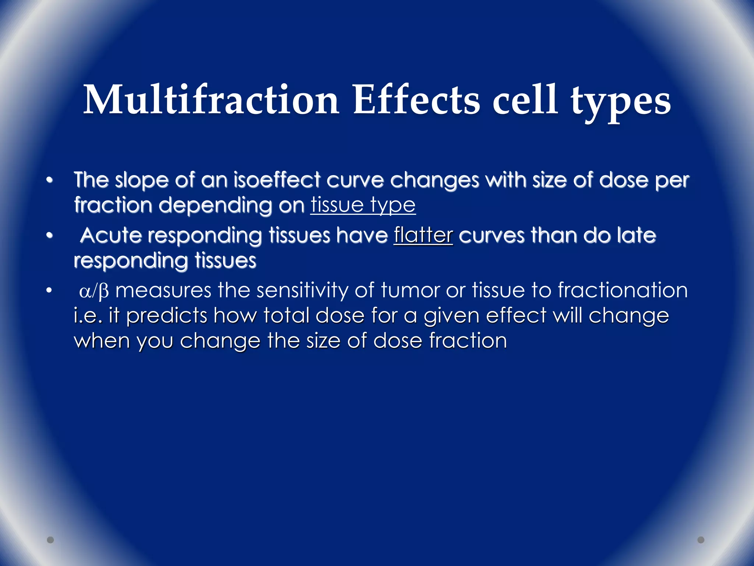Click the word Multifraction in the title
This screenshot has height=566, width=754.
click(211, 100)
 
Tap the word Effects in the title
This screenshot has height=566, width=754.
click(416, 100)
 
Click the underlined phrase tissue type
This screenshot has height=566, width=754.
click(363, 205)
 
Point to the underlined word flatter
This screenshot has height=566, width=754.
click(423, 235)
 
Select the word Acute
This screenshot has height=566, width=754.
click(111, 235)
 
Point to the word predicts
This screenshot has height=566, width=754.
click(167, 316)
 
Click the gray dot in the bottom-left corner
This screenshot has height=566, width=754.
click(50, 540)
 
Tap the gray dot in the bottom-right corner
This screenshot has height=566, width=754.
click(701, 540)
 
